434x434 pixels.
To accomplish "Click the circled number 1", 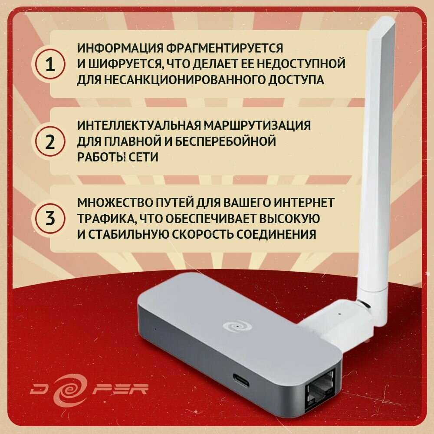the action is click(50, 64).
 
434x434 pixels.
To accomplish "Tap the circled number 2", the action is click(50, 141).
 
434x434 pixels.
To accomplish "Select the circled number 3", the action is click(50, 218).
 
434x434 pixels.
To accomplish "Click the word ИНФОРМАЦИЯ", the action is click(120, 48).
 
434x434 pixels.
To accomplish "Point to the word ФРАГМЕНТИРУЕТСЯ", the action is click(225, 48).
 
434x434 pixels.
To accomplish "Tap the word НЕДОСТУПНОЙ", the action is click(301, 64).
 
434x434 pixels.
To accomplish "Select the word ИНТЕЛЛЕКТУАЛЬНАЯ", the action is click(139, 125).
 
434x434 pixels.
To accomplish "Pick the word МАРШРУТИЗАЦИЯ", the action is click(257, 125).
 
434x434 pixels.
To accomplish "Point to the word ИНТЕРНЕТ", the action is click(304, 203).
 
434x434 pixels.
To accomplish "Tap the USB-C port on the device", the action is click(240, 381).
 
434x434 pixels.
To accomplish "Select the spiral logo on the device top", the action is click(237, 327).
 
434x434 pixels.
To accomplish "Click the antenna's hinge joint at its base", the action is click(364, 306).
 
